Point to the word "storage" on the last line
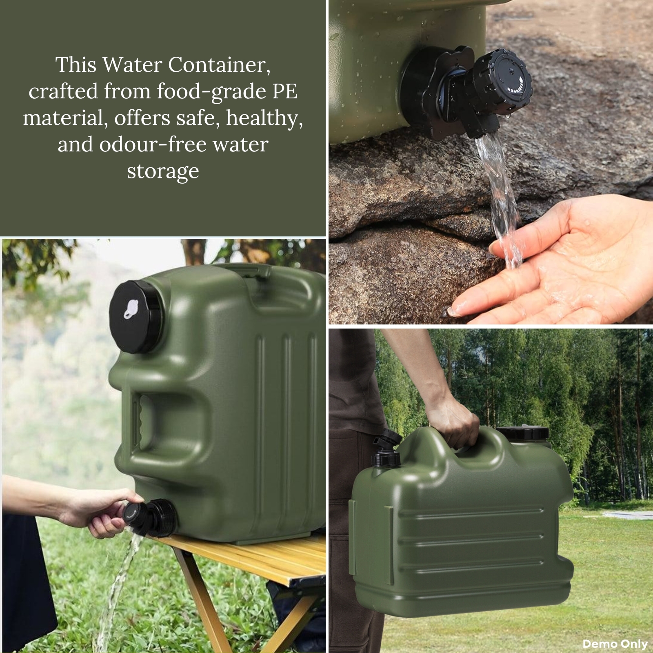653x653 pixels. point(163,171)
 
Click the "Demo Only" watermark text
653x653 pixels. point(615,644)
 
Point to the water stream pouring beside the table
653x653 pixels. point(118,588)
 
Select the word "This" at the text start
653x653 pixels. point(77,65)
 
